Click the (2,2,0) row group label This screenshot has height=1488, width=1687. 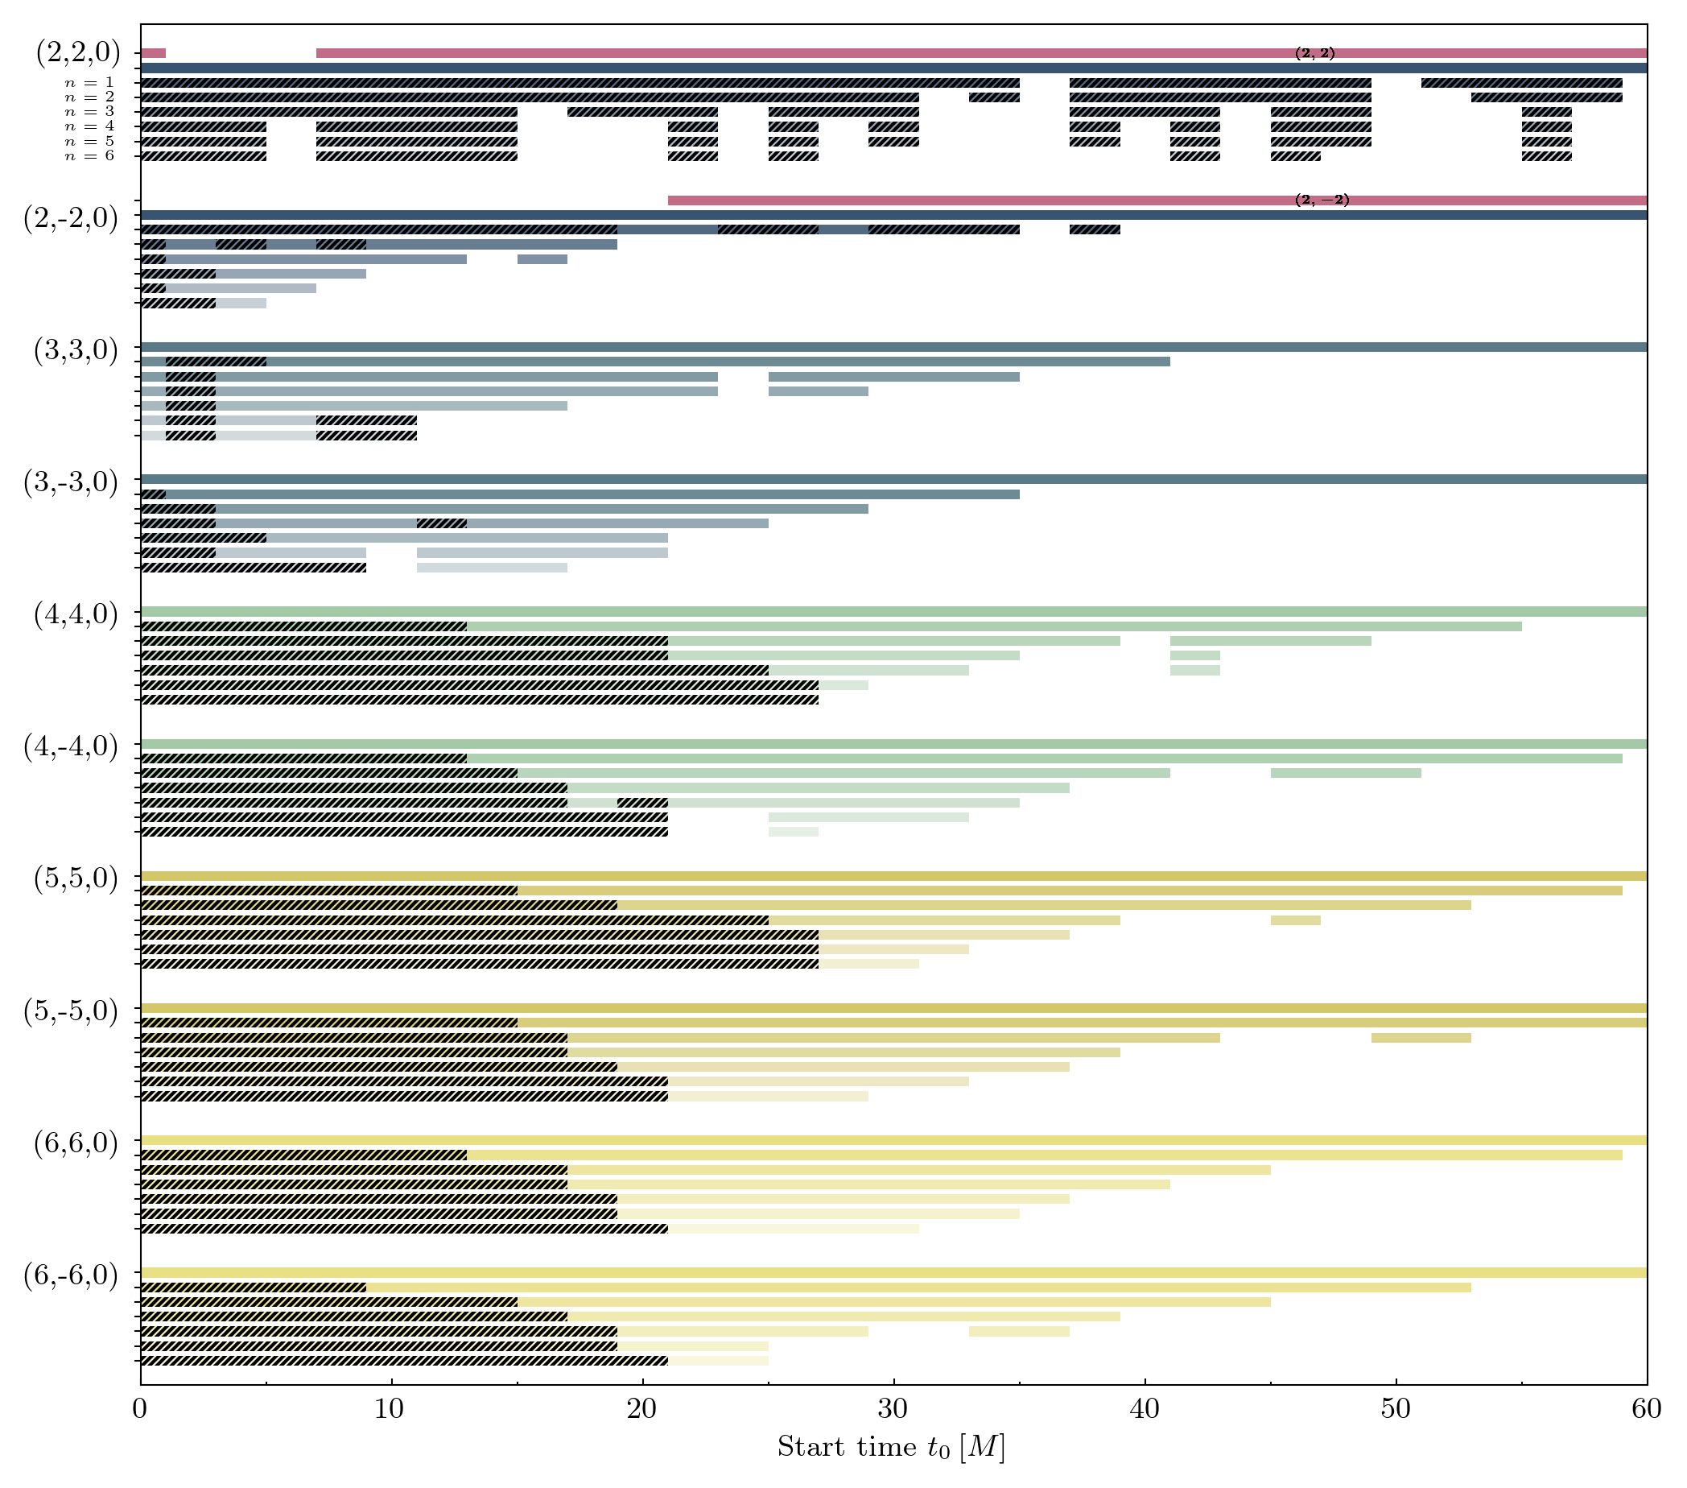coord(77,53)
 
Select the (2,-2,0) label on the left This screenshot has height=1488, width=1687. coord(71,220)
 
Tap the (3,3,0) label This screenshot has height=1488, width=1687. coord(76,351)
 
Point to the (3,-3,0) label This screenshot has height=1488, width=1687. coord(71,482)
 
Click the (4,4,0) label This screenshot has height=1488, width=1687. coord(76,615)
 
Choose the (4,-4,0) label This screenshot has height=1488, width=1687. coord(71,746)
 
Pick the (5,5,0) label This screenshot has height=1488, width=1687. coord(76,878)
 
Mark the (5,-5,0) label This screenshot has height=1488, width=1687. coord(71,1011)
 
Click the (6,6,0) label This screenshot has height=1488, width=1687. coord(76,1143)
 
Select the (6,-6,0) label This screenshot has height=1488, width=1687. coord(71,1275)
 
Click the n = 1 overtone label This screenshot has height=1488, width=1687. coord(89,83)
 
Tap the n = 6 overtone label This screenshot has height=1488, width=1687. coord(89,156)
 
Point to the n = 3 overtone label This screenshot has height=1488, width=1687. coord(89,112)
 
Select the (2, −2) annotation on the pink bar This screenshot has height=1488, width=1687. coord(1322,200)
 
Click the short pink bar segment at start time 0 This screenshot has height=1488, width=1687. coord(154,54)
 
